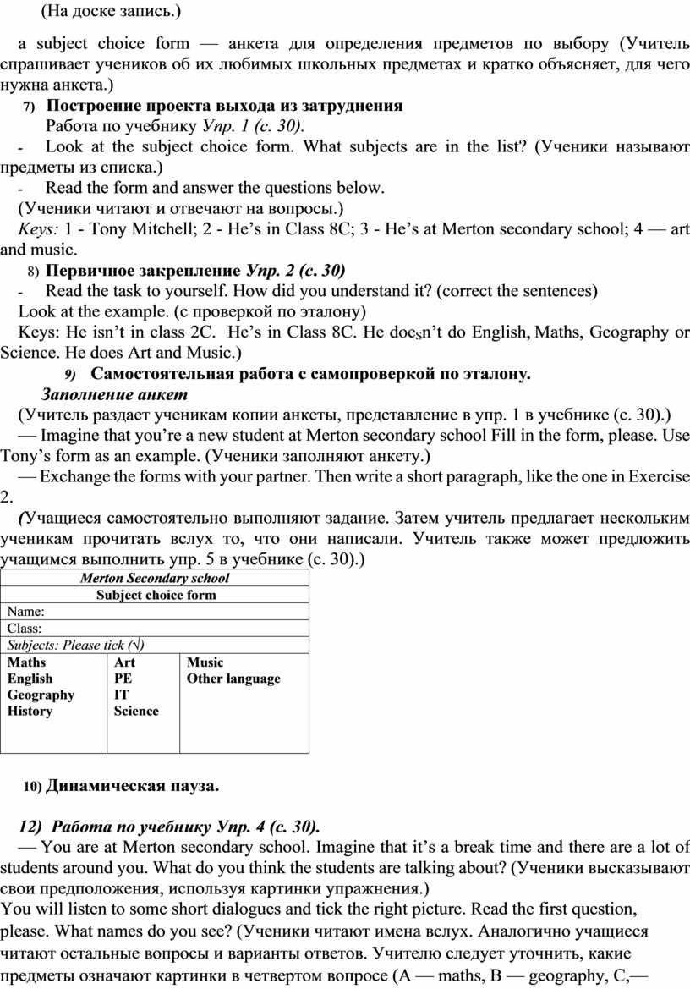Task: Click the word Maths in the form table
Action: click(x=27, y=662)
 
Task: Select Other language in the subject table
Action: click(x=233, y=679)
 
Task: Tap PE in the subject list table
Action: click(x=123, y=679)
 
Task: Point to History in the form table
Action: click(x=30, y=712)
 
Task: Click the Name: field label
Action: click(x=25, y=611)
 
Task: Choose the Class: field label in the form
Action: click(x=25, y=628)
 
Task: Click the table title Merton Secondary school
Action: click(x=154, y=579)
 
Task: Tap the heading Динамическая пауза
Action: click(x=132, y=786)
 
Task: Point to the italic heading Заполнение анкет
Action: click(x=114, y=394)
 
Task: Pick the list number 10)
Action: click(x=32, y=787)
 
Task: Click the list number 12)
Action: click(x=30, y=827)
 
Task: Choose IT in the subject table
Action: click(x=122, y=695)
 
